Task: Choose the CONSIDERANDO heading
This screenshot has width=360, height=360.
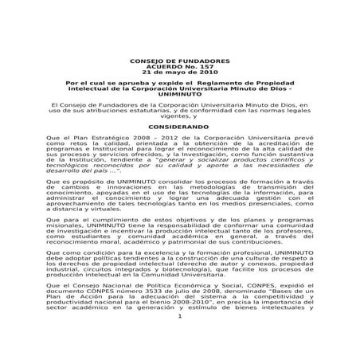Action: [180, 127]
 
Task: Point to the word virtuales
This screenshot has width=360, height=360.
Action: [98, 214]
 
